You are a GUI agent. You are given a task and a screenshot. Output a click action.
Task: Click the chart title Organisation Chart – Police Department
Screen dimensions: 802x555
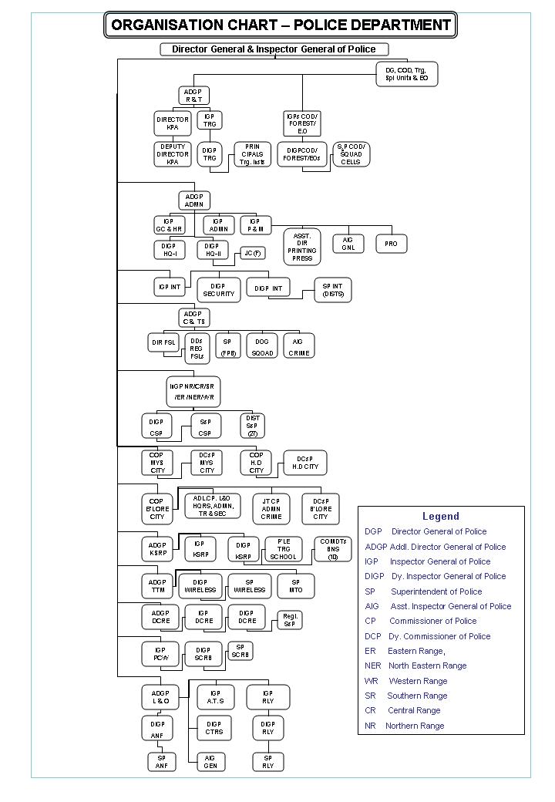[281, 25]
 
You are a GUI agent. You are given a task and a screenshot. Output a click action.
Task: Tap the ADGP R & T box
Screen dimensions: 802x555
[193, 95]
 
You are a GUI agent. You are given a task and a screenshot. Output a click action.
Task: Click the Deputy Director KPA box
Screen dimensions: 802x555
[173, 154]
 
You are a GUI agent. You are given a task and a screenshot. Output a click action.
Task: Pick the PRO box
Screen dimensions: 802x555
[391, 244]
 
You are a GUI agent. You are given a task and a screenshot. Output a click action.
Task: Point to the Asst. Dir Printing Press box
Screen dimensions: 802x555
[302, 247]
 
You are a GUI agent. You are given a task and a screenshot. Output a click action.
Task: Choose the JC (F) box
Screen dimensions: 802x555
[252, 254]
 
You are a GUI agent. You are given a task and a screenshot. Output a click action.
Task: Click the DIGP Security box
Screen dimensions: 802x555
[218, 289]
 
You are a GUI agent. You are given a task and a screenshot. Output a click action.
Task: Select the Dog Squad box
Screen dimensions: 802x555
[262, 345]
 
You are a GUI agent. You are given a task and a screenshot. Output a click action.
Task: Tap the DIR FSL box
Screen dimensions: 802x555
[163, 342]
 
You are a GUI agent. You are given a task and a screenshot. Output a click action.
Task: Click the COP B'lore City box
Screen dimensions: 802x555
[156, 510]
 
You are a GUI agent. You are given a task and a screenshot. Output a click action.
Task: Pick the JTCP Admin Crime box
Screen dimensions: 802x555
[271, 509]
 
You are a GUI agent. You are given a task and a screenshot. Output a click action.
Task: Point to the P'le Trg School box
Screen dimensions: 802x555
[282, 548]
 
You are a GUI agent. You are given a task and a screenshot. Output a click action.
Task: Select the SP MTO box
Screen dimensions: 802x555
[296, 585]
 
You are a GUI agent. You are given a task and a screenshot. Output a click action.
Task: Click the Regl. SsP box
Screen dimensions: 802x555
[290, 620]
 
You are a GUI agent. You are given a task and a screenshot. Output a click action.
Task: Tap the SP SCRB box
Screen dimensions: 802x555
[241, 651]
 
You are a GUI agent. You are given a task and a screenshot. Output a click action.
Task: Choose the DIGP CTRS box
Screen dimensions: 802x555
[214, 728]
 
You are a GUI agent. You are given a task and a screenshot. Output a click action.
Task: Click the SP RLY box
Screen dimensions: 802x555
[267, 762]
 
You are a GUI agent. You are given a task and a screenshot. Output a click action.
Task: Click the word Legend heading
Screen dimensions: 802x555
[440, 516]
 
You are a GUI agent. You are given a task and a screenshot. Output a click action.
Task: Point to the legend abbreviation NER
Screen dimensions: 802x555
[373, 666]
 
